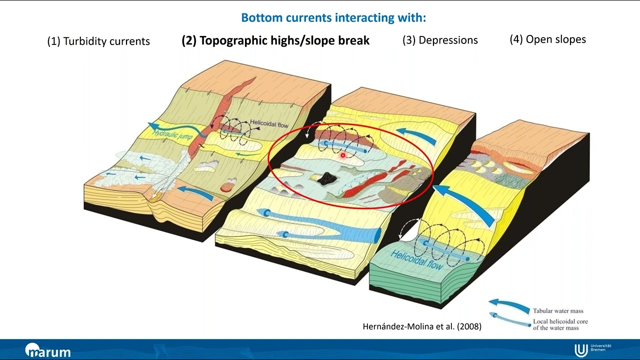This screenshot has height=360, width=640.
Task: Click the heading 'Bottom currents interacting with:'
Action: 333,18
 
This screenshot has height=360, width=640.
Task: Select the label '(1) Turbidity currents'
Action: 98,41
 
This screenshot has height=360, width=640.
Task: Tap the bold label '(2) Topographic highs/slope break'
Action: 275,40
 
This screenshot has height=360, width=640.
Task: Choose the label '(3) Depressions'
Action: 440,40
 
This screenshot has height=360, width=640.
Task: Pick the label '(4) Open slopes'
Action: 547,39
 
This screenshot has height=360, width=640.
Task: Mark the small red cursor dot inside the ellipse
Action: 343,156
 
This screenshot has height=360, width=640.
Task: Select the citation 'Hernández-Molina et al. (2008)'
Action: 422,326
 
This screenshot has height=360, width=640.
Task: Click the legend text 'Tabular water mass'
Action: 558,311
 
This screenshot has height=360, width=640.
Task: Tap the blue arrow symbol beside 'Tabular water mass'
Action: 508,305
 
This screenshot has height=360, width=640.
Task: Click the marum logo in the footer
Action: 48,350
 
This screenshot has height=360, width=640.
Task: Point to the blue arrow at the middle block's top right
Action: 415,135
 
